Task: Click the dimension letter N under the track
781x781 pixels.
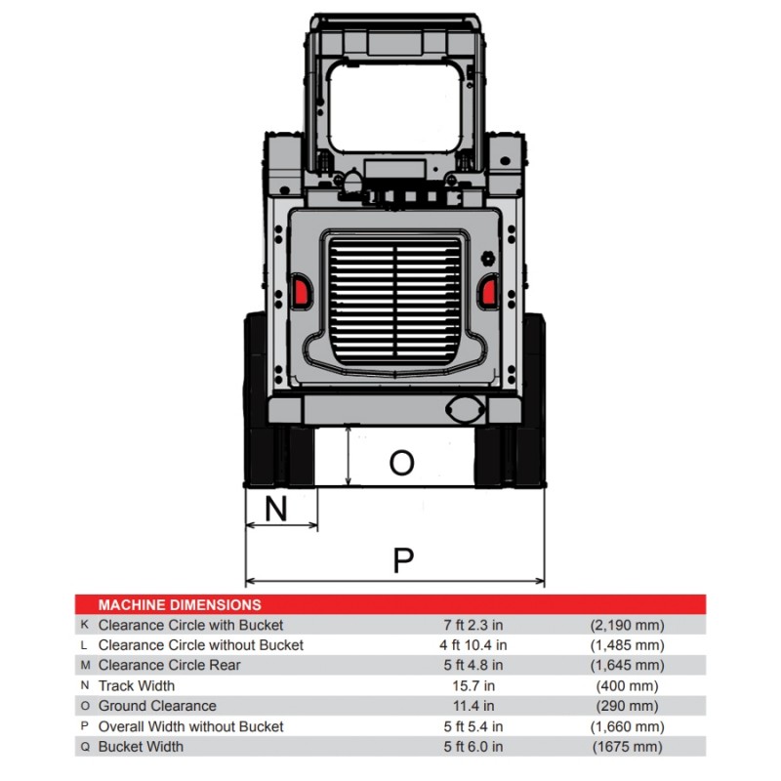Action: (x=276, y=508)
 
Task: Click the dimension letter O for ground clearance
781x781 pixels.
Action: (x=401, y=463)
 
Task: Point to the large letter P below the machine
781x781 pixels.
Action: (x=403, y=560)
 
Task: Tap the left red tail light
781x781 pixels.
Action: (x=302, y=290)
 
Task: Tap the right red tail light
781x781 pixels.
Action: (x=487, y=290)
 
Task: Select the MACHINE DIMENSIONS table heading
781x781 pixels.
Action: (x=180, y=605)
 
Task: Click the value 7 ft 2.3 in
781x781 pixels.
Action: (x=473, y=625)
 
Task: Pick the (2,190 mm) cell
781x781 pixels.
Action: (x=627, y=625)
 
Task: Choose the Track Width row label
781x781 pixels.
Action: (x=137, y=685)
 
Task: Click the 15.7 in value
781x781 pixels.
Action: (x=473, y=685)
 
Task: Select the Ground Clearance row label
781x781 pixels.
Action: (x=157, y=706)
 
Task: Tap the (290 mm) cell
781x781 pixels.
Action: (x=627, y=706)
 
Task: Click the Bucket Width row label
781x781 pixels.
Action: (x=141, y=747)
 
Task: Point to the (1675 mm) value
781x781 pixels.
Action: (x=627, y=747)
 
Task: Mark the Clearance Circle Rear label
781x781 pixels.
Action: (x=169, y=665)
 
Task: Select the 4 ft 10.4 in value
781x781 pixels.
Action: (x=473, y=645)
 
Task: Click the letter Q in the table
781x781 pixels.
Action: (x=85, y=747)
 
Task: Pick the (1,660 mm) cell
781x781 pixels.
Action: (x=627, y=726)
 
